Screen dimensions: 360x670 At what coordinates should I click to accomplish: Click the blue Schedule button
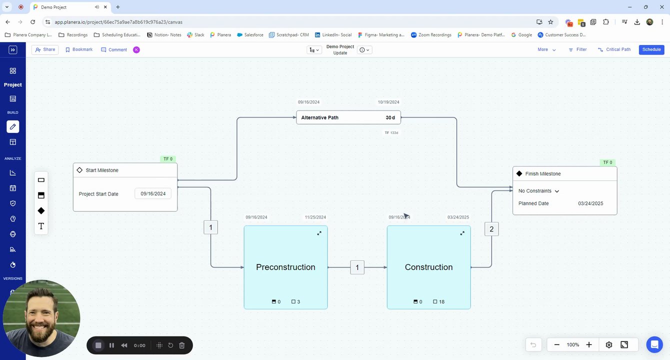coord(651,49)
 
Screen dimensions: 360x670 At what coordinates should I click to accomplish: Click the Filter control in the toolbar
coord(577,49)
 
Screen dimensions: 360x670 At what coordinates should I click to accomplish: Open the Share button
coord(45,49)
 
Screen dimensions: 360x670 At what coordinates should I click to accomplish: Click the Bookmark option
coord(79,49)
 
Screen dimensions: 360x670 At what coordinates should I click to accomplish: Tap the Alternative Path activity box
coord(330,117)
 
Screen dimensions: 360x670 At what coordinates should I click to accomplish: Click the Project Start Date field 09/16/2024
coord(153,193)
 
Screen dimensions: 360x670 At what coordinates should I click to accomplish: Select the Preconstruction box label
coord(285,267)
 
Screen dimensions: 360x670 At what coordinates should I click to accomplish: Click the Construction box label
coord(428,267)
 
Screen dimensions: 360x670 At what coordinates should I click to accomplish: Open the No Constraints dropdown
coord(539,191)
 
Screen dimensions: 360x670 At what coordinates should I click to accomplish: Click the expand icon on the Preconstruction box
coord(319,233)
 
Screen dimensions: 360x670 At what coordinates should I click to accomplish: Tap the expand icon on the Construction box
coord(462,233)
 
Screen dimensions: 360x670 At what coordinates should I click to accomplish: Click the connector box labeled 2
coord(491,229)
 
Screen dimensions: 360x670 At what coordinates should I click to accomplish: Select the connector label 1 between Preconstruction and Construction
coord(357,267)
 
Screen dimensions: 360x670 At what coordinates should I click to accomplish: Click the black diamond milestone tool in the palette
coord(41,210)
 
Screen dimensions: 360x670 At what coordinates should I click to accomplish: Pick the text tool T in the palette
coord(41,226)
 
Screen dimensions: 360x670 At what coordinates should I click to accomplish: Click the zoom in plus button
coord(589,344)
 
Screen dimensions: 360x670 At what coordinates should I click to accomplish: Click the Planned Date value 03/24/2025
coord(590,203)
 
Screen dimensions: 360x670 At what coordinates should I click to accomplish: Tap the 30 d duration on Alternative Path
coord(390,117)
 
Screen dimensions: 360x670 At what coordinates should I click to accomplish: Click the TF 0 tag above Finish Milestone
coord(607,162)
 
